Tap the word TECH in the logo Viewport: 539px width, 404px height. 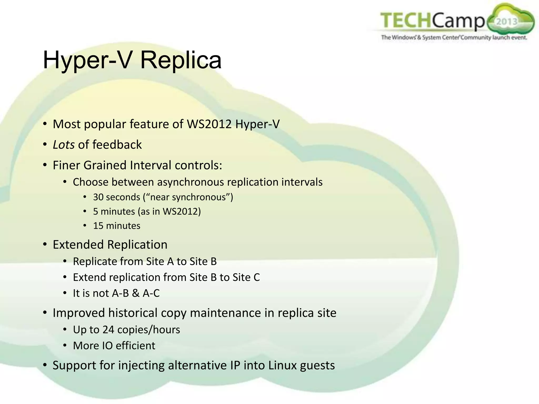406,20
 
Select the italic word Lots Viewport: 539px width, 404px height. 64,145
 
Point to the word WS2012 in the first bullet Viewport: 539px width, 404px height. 209,124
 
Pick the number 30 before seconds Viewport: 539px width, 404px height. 98,197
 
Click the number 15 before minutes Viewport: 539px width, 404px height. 98,226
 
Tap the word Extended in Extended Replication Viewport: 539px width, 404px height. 78,245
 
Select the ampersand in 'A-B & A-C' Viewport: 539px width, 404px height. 136,293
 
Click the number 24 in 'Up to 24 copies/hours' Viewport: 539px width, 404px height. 108,330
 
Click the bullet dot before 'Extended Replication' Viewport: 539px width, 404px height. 45,245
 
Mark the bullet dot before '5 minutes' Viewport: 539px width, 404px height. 84,211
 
